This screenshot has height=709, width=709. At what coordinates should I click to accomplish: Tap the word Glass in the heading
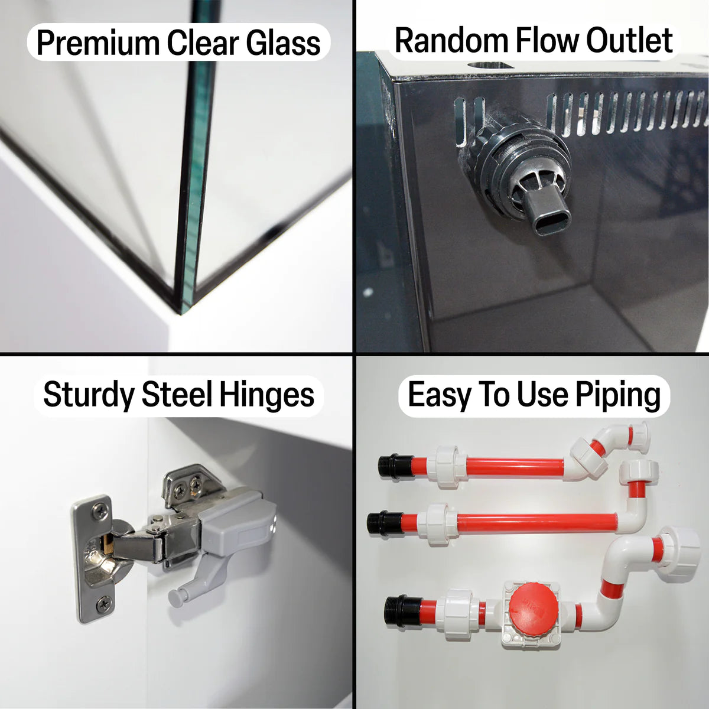click(283, 43)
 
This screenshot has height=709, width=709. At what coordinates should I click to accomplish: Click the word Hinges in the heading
click(266, 395)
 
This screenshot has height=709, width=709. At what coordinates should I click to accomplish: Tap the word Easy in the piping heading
click(438, 395)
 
